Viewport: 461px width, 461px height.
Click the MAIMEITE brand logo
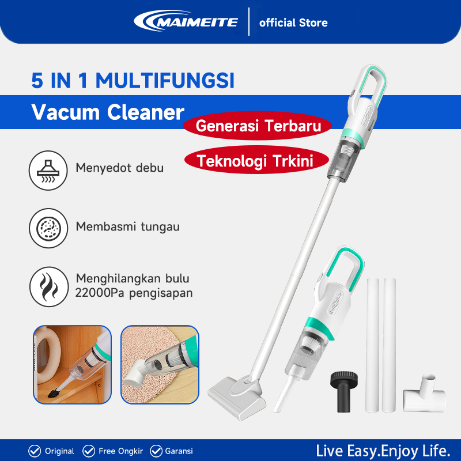(186, 22)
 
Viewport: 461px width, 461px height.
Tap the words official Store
(293, 23)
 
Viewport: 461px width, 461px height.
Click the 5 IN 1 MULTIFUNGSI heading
(133, 80)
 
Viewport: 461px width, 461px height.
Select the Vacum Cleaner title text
(108, 112)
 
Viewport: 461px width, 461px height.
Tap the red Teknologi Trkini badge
(255, 161)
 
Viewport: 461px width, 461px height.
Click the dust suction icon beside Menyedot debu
(46, 168)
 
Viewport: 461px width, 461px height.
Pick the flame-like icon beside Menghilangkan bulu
(46, 285)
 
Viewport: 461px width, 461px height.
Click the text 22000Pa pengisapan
(134, 293)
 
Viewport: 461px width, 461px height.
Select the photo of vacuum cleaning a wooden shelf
(72, 364)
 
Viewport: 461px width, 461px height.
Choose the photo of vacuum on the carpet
(160, 364)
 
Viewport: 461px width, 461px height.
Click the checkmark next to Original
(35, 451)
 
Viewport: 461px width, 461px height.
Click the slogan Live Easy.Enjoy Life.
(383, 450)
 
